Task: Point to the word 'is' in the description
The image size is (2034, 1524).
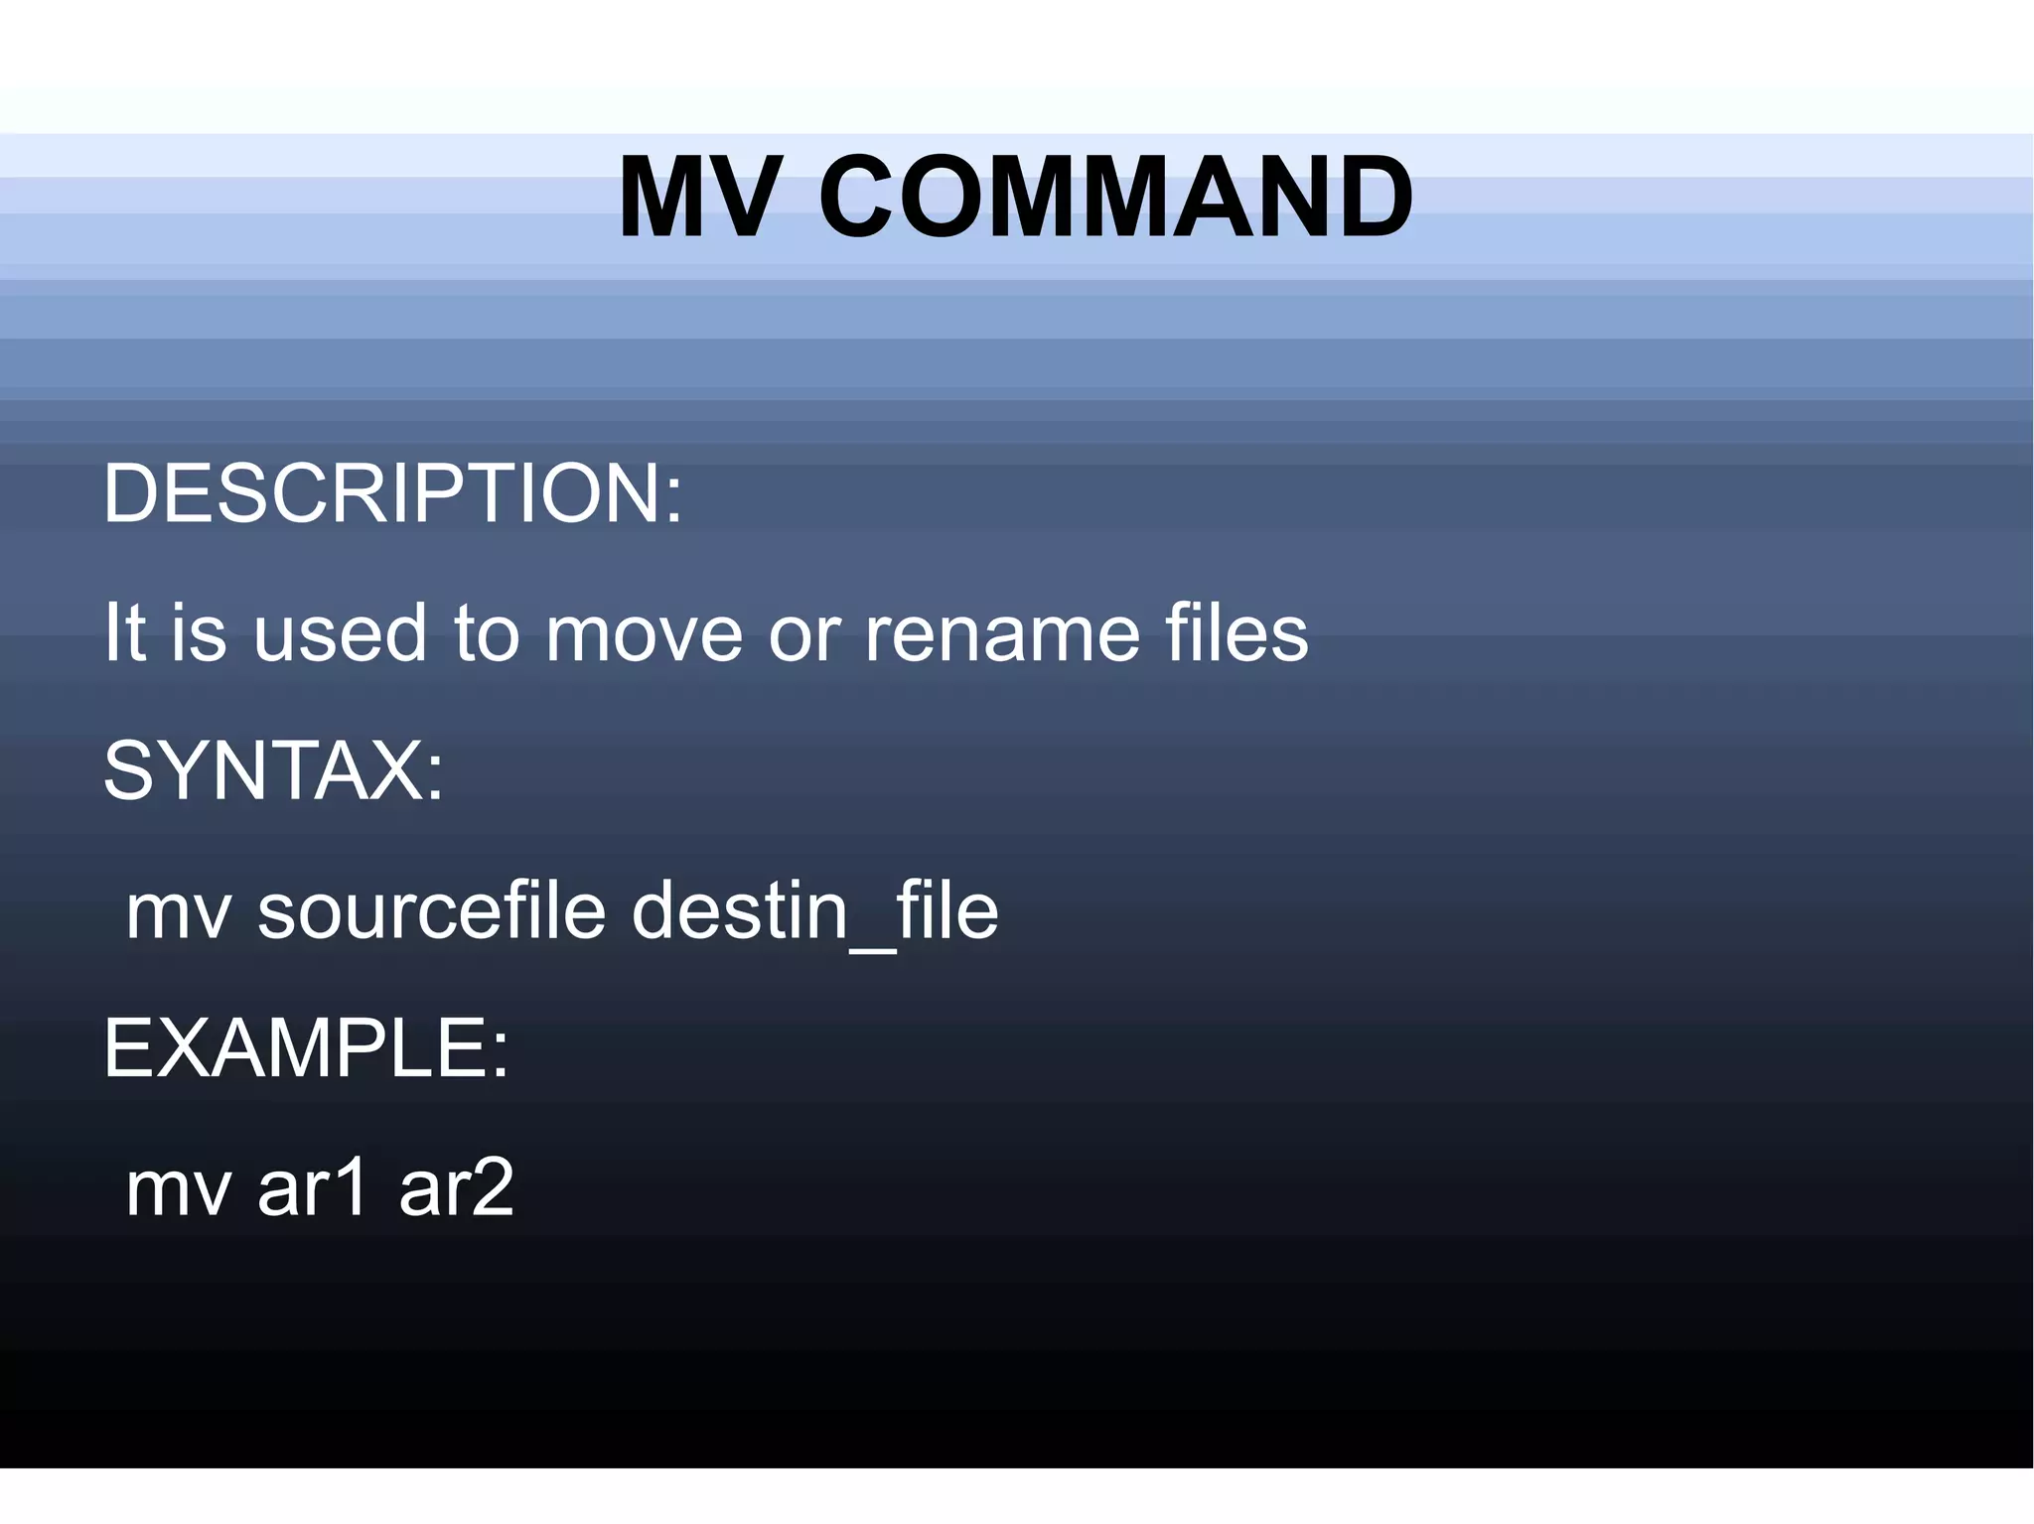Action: point(199,633)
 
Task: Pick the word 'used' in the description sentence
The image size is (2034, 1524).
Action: point(340,633)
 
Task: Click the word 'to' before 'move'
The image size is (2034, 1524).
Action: point(487,633)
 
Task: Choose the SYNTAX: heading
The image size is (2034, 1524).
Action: point(274,770)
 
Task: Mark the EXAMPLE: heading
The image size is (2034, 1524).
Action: point(306,1048)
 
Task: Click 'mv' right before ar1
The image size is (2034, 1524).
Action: point(179,1189)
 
